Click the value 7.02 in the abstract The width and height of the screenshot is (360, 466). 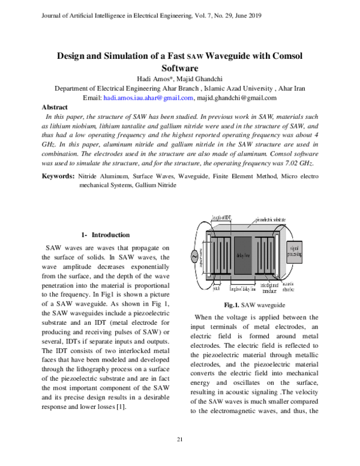click(x=285, y=163)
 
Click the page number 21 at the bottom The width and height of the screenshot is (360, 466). click(x=179, y=441)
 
